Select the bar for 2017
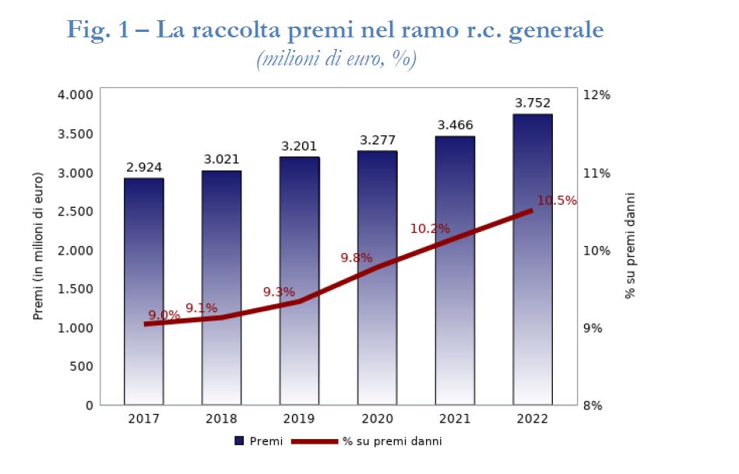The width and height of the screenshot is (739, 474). (143, 291)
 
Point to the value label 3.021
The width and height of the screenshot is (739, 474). (221, 160)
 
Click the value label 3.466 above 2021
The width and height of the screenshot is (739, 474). (455, 125)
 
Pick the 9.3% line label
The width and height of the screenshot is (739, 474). (279, 293)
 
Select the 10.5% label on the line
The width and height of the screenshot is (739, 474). (557, 201)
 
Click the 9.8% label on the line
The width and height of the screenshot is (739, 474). (357, 258)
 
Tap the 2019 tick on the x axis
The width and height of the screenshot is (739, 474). (299, 419)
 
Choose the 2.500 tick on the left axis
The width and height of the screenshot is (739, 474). (76, 212)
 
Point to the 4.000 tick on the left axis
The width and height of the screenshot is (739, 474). (76, 95)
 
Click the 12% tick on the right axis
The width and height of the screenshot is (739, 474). (596, 95)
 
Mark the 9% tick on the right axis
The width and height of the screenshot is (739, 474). (593, 328)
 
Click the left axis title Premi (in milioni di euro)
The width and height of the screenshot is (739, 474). (38, 250)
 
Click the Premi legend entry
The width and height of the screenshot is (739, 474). (260, 441)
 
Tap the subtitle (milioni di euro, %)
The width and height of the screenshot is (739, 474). (336, 60)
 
